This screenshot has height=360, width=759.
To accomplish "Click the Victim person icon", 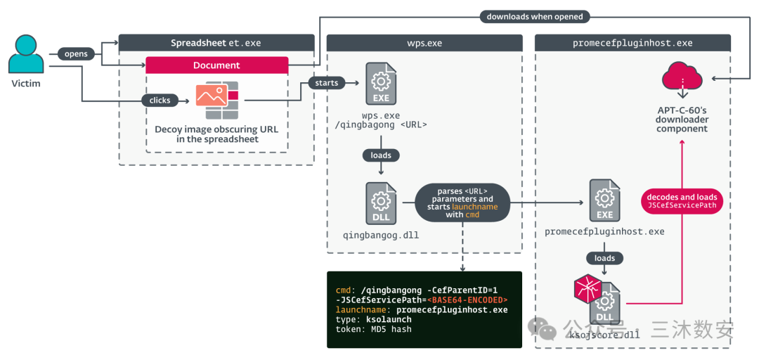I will (26, 55).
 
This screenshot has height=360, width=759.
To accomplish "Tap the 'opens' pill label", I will (76, 53).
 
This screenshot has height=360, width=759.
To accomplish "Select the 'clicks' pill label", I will (160, 100).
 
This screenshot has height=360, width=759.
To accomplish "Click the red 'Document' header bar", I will (216, 65).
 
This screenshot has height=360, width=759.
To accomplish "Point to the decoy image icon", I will (216, 101).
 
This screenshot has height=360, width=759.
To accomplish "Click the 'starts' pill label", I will (326, 83).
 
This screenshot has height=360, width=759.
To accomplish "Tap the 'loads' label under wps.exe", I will (380, 155).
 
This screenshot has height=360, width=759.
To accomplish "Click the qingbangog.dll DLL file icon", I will (380, 204).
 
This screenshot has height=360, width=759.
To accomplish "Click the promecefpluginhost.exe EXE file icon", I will (604, 200).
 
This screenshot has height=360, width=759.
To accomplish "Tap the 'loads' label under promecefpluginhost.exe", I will (604, 258).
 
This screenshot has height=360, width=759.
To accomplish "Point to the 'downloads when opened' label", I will (535, 16).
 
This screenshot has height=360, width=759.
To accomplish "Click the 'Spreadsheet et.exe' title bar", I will (216, 43).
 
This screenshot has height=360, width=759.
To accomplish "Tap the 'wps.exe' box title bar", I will (424, 43).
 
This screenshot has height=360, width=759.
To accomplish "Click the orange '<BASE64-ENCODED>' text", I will (467, 300).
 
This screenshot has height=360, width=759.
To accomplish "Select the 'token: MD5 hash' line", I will (373, 329).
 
